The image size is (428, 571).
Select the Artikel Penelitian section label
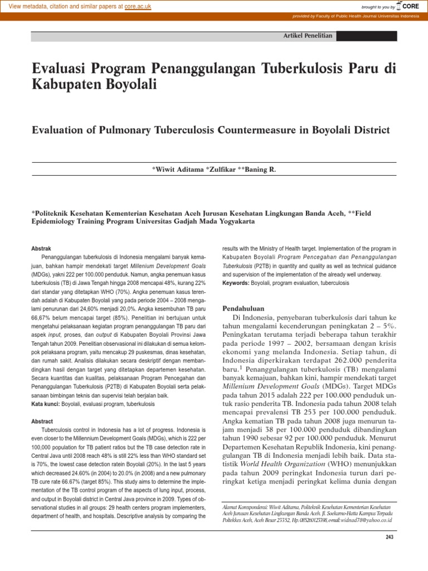point(308,36)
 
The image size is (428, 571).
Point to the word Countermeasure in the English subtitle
point(262,130)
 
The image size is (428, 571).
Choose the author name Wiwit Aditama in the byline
point(179,168)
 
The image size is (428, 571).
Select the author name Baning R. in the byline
point(260,168)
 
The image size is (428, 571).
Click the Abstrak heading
point(41,246)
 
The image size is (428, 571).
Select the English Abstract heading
point(42,422)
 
